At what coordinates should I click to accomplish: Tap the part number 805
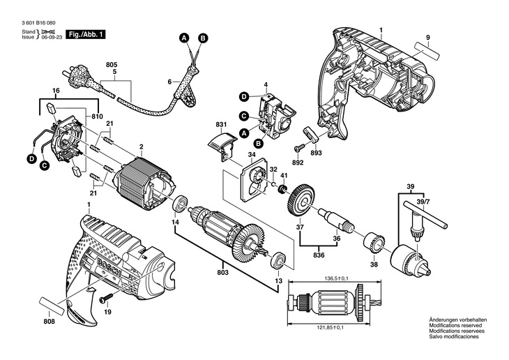point(112,65)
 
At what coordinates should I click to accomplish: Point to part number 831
point(222,126)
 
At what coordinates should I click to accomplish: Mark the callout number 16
point(56,91)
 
